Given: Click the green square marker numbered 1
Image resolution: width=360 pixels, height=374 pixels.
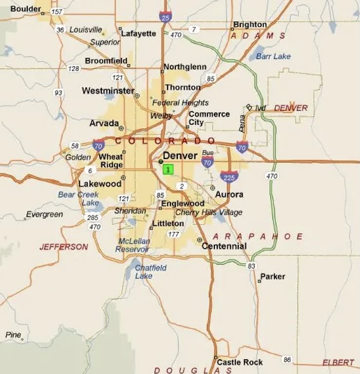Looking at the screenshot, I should click(168, 169).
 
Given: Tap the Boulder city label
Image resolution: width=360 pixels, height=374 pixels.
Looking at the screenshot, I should click(25, 9).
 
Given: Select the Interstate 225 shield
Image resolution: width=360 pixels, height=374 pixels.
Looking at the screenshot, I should click(229, 177).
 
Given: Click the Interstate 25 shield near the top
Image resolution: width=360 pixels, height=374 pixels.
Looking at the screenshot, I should click(165, 17).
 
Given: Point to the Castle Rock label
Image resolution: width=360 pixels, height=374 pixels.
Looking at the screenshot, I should click(240, 362).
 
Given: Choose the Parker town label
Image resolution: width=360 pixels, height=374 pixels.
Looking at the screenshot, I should click(272, 276).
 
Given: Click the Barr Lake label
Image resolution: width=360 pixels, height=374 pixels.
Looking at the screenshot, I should click(273, 56).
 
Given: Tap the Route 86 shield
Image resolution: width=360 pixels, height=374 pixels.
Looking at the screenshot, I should click(287, 360).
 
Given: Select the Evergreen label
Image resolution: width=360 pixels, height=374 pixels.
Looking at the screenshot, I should click(44, 215).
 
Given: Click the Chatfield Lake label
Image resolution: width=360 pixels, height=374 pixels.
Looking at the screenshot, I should click(150, 272).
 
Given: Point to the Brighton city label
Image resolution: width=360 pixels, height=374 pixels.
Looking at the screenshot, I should click(250, 24).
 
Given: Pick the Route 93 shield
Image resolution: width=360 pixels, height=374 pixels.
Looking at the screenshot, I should click(58, 93).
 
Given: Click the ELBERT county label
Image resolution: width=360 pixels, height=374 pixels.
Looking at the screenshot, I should click(338, 362).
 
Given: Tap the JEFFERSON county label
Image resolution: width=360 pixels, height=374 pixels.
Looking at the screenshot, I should click(64, 247).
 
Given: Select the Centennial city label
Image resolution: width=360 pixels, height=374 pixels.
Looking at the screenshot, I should click(224, 246).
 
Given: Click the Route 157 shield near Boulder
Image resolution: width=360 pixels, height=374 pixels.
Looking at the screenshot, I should click(57, 11).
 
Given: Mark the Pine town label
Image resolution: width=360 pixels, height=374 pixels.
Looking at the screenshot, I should click(13, 335).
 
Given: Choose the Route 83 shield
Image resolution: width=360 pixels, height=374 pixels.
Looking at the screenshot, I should click(251, 266).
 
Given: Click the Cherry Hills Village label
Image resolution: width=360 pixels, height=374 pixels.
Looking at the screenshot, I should click(208, 213).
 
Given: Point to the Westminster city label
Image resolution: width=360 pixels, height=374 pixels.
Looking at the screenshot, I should click(108, 91).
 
